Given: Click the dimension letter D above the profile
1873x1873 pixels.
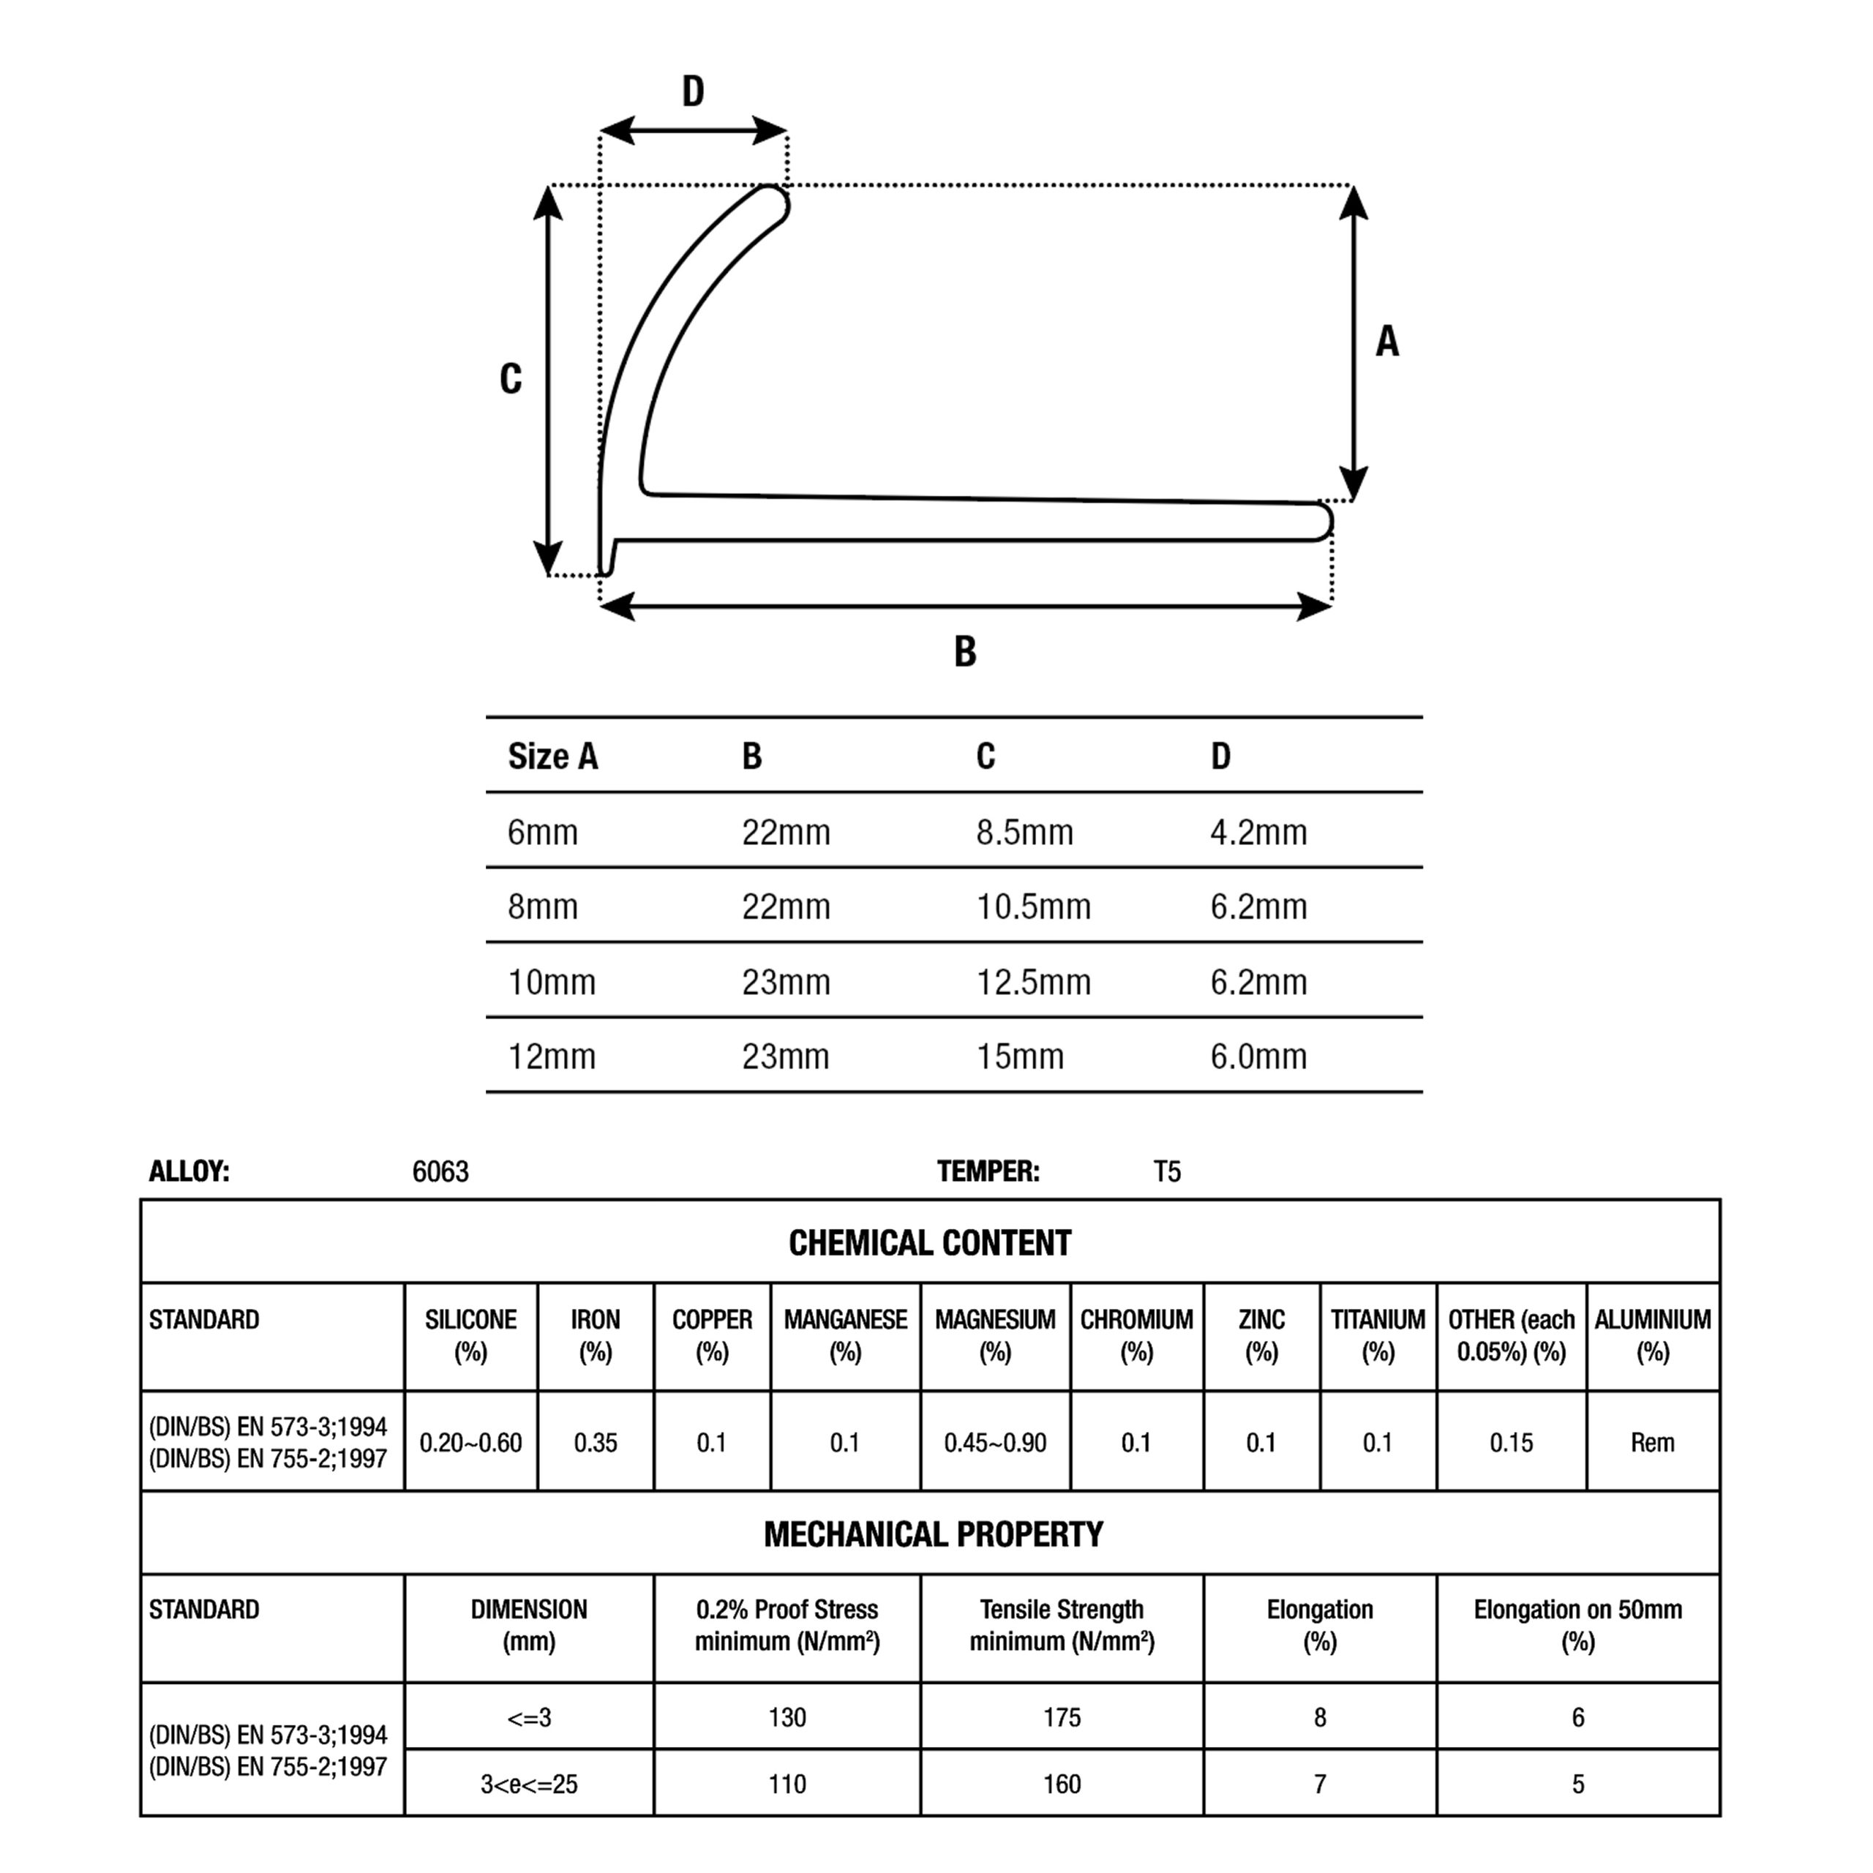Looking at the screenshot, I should (x=692, y=91).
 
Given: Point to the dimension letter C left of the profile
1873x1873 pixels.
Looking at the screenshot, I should (x=510, y=378).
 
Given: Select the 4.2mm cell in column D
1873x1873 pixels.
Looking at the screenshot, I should (x=1258, y=832).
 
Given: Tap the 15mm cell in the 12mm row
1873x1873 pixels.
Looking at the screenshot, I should (x=1019, y=1056).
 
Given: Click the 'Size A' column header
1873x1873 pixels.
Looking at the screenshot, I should (x=552, y=757).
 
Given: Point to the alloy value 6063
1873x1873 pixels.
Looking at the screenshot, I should (x=440, y=1172).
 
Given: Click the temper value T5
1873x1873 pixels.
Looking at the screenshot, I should (x=1166, y=1172).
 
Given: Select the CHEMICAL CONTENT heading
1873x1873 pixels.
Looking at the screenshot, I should (x=930, y=1243).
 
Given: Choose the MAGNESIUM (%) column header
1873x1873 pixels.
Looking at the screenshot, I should (x=995, y=1335).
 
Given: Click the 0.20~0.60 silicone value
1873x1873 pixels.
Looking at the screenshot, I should (x=470, y=1443).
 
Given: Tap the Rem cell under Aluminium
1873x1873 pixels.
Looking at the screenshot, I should (x=1652, y=1443).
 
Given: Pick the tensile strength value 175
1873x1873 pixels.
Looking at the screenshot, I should (x=1062, y=1718).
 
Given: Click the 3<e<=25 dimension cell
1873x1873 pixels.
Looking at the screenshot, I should (x=528, y=1784).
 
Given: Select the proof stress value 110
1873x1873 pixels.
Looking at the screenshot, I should (x=787, y=1784).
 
